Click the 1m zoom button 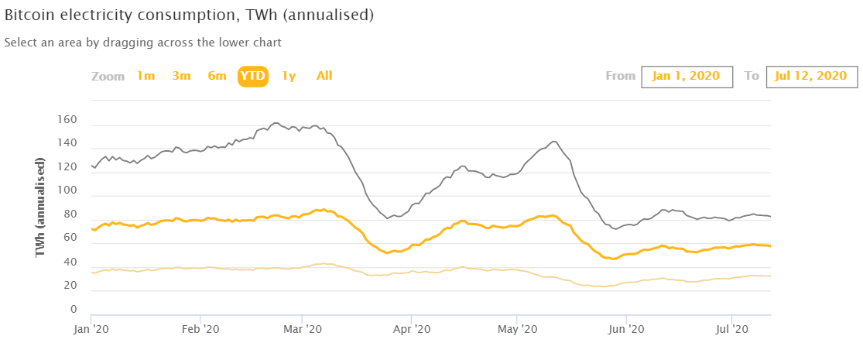[146, 76]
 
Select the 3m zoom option [181, 76]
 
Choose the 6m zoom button [217, 76]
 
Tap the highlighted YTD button [253, 76]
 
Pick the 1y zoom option [289, 76]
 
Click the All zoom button [324, 76]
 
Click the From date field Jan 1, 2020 [687, 76]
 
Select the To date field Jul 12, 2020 [812, 76]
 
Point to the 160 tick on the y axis [67, 120]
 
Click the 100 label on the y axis [67, 191]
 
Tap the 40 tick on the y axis [70, 262]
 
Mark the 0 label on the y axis [73, 310]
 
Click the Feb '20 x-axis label [201, 329]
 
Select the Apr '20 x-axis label [412, 329]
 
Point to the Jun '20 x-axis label [626, 329]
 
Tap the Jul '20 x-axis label [731, 329]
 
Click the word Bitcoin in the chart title [25, 15]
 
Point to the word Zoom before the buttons [108, 76]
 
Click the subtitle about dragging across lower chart [143, 43]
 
